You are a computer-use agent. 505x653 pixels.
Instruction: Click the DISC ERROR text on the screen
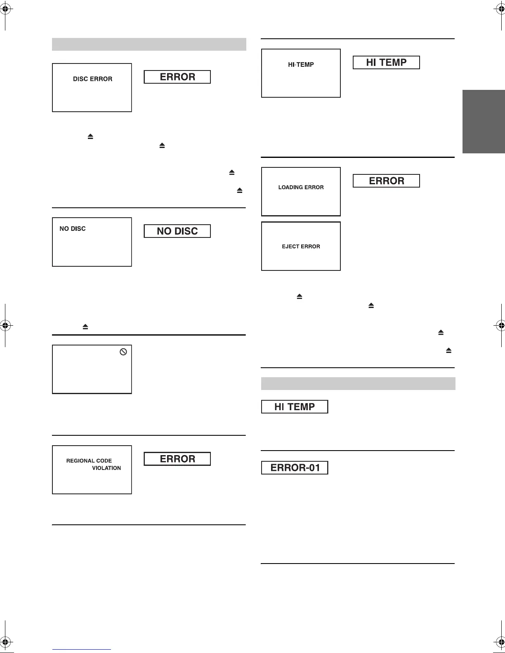pos(92,79)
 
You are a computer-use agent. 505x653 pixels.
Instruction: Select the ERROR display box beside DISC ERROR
pos(177,77)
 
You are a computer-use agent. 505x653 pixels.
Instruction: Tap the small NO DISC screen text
pos(73,229)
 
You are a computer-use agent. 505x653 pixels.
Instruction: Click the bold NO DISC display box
pos(177,231)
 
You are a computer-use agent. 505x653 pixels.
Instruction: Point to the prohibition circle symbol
pos(123,352)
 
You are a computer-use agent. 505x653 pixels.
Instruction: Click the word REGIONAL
pos(79,460)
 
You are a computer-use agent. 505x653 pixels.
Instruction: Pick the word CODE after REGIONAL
pos(104,460)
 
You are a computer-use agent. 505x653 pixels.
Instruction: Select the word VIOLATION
pos(106,468)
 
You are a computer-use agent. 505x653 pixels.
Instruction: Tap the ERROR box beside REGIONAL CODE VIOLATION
pos(177,459)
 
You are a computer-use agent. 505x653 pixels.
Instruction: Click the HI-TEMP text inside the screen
pos(301,64)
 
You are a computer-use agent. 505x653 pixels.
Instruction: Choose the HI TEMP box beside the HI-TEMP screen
pos(386,62)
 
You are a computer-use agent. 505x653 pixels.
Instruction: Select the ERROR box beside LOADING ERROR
pos(386,181)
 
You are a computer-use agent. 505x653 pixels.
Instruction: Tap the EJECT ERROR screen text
pos(301,247)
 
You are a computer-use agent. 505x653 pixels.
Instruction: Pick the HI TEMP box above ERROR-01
pos(295,407)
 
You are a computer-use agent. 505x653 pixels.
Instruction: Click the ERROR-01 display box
pos(295,468)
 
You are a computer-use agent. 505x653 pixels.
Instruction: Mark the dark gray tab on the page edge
pos(484,122)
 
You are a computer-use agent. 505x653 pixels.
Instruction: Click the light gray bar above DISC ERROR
pos(149,44)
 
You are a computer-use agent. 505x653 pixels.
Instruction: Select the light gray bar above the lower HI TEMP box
pos(358,383)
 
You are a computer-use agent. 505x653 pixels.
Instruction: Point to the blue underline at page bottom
pos(82,649)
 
